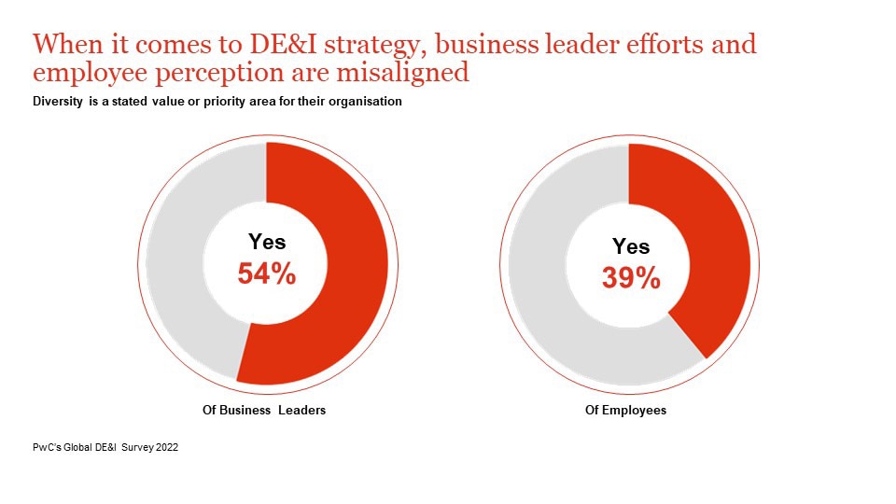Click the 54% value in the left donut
click(267, 273)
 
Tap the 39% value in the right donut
click(631, 277)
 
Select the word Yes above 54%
click(267, 242)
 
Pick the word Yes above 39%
click(631, 246)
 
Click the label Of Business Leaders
click(264, 410)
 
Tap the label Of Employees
click(625, 410)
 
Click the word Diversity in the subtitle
click(58, 102)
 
